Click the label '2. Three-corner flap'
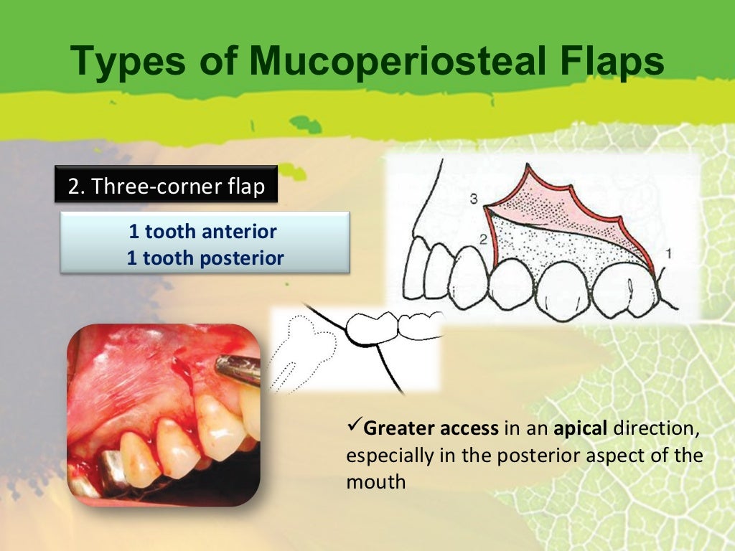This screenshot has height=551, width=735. pyautogui.click(x=166, y=186)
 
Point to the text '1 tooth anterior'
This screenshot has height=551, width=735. pyautogui.click(x=203, y=232)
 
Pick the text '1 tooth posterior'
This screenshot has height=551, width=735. pyautogui.click(x=205, y=258)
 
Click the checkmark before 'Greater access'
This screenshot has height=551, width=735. pyautogui.click(x=353, y=428)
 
